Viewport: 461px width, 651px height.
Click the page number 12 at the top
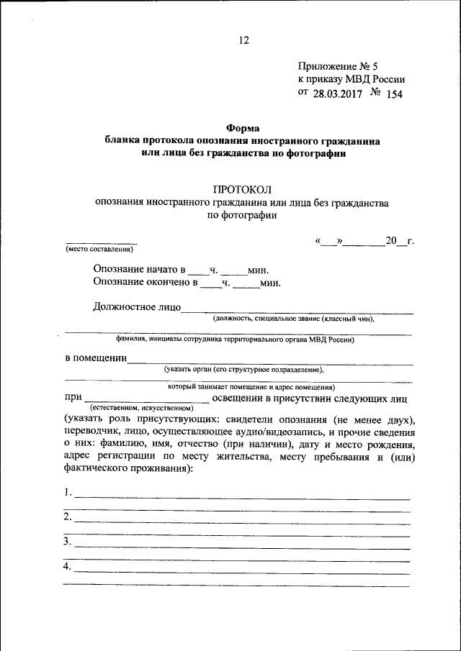[244, 40]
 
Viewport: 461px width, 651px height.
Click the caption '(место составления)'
[99, 249]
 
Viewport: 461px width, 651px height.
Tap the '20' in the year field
[392, 240]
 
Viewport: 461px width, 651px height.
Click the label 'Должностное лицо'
[136, 308]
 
